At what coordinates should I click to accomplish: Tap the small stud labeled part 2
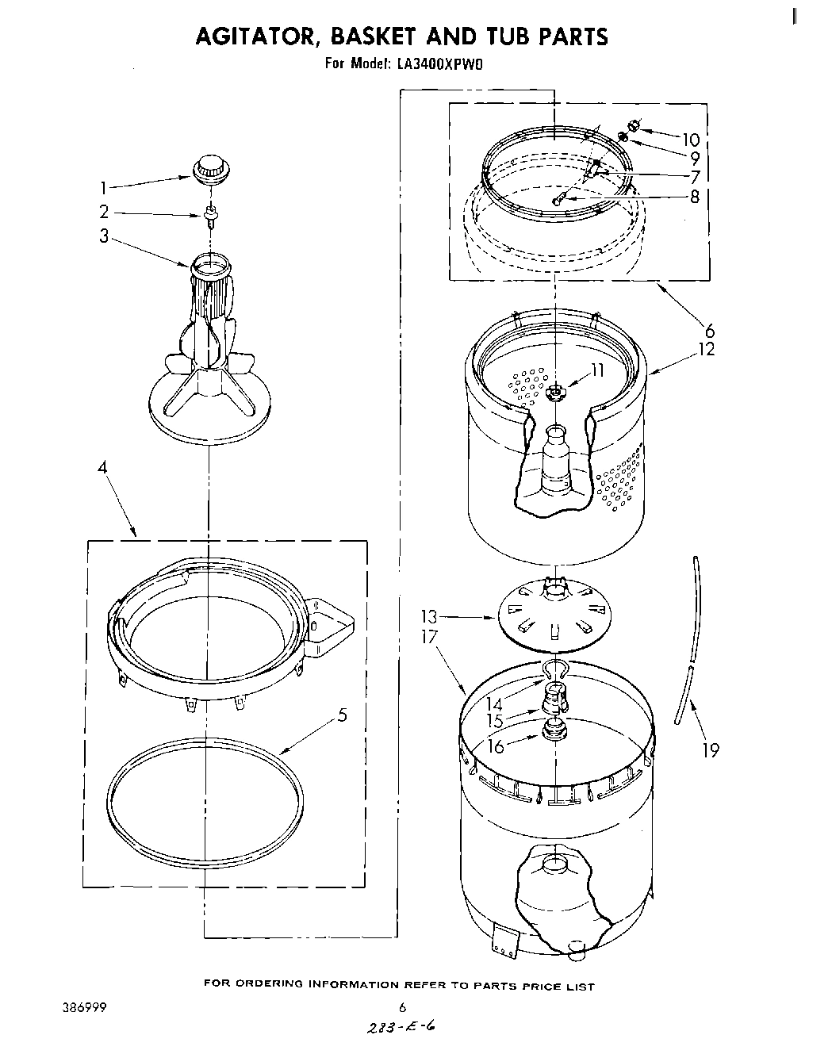point(211,214)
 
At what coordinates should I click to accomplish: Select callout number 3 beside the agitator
point(104,236)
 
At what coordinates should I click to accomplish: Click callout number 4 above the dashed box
point(102,468)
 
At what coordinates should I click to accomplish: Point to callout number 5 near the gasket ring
point(342,715)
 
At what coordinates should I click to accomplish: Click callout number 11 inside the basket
point(596,369)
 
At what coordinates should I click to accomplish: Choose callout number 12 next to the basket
point(706,348)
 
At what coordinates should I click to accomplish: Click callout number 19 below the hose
point(710,749)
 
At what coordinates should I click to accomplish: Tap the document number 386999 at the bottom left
point(82,1008)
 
